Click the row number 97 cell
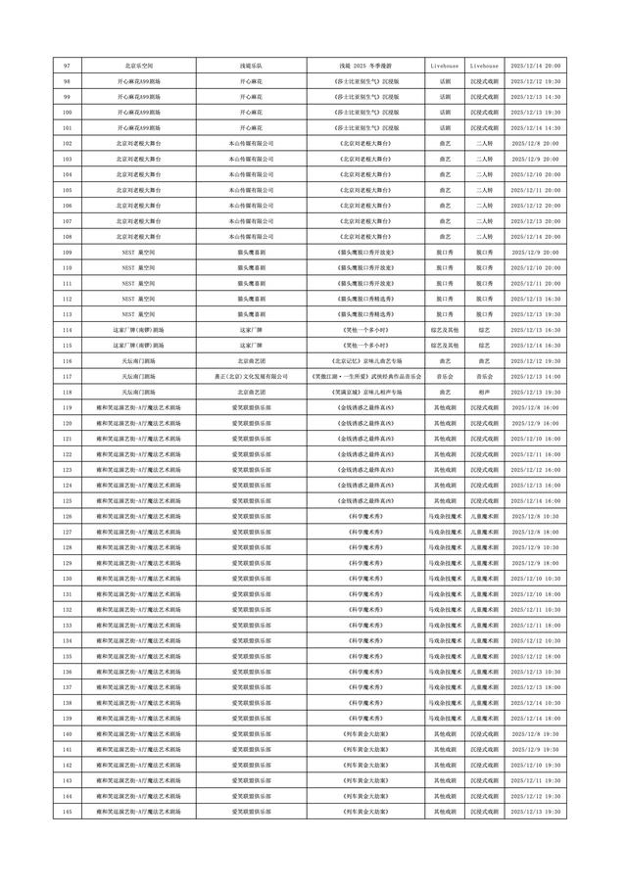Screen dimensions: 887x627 point(67,66)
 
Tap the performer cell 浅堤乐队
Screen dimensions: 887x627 point(244,66)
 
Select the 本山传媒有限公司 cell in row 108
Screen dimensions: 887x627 point(244,238)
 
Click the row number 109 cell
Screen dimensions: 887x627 point(67,253)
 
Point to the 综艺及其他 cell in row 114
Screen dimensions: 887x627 point(445,331)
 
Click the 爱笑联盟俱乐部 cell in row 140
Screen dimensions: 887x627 point(244,734)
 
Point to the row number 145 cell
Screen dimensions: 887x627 point(67,813)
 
